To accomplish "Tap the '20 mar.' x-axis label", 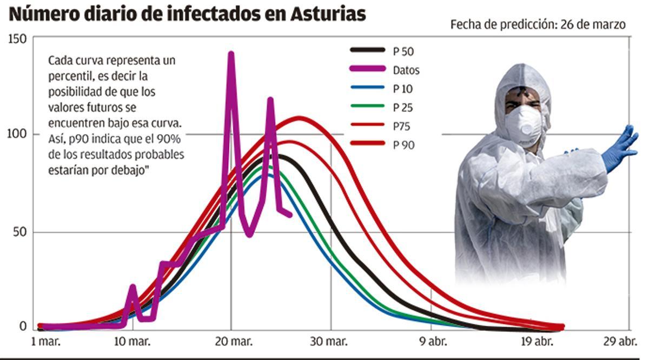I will pyautogui.click(x=231, y=342).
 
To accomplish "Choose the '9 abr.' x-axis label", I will pyautogui.click(x=431, y=342).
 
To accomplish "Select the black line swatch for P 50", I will pyautogui.click(x=368, y=50).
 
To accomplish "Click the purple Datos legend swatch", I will pyautogui.click(x=368, y=69).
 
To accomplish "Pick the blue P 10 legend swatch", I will pyautogui.click(x=368, y=88).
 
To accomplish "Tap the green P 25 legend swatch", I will pyautogui.click(x=368, y=106).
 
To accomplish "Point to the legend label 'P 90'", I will pyautogui.click(x=403, y=145).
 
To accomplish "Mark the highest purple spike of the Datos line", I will pyautogui.click(x=231, y=54).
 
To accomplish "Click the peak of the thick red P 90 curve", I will pyautogui.click(x=300, y=118).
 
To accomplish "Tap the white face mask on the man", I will pyautogui.click(x=523, y=125).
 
